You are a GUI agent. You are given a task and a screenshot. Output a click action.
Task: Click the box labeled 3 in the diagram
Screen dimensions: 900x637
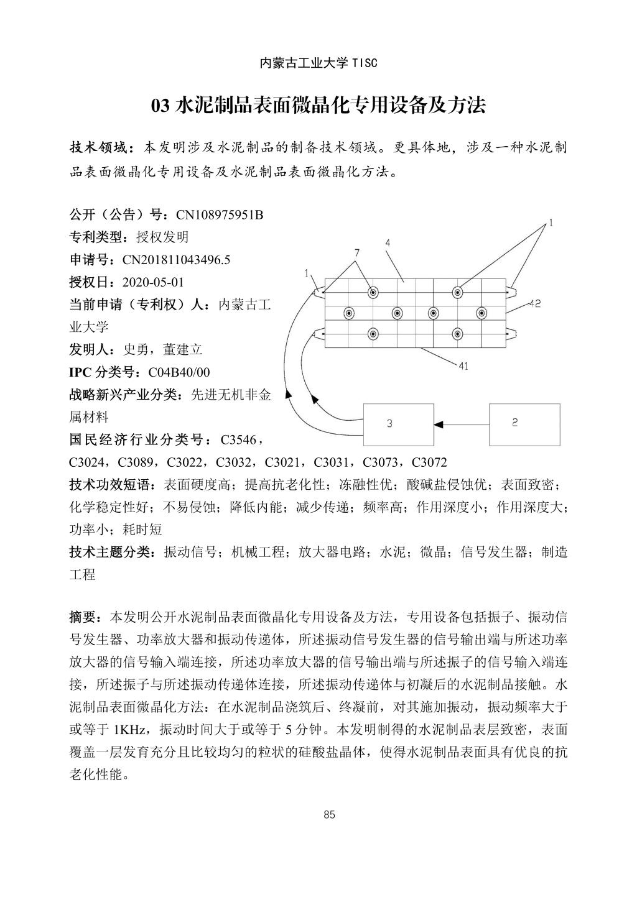point(398,424)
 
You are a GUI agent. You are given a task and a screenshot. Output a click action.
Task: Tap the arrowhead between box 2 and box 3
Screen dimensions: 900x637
point(439,424)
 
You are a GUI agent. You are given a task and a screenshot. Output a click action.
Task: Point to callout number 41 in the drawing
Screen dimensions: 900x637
point(463,366)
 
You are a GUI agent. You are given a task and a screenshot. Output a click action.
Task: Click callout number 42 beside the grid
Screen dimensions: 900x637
point(535,304)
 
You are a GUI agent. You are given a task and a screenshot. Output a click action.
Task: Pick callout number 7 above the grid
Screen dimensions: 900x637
point(356,253)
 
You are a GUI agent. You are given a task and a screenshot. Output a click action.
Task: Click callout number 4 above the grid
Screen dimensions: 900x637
point(388,243)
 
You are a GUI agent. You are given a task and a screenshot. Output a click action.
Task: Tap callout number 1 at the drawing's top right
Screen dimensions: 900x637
point(551,223)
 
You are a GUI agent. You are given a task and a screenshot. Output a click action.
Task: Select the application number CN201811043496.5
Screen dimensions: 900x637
point(176,260)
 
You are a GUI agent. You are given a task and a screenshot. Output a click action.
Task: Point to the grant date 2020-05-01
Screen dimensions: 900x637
point(154,282)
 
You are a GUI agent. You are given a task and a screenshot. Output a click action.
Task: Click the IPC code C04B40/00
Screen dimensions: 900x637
point(179,372)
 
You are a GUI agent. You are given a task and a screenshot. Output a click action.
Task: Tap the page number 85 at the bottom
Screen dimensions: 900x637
point(330,815)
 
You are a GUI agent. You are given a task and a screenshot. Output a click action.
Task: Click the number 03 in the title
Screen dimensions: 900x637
point(160,106)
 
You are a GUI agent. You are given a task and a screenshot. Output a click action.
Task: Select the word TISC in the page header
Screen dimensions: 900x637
point(365,63)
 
